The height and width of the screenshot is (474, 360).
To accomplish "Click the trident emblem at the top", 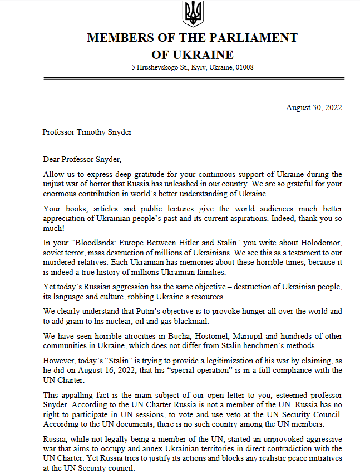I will (193, 13).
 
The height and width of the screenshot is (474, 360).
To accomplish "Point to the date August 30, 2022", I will (314, 107).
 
